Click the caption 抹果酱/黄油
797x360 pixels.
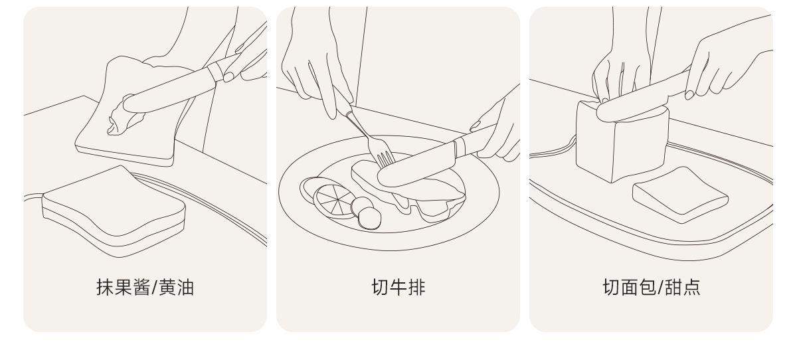[145, 288]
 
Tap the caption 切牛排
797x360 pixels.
[398, 288]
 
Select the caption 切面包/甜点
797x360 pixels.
[652, 288]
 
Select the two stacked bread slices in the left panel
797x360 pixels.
[114, 212]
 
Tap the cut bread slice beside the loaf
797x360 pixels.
[680, 195]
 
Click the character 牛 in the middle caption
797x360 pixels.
[398, 288]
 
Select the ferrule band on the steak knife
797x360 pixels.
[460, 148]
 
